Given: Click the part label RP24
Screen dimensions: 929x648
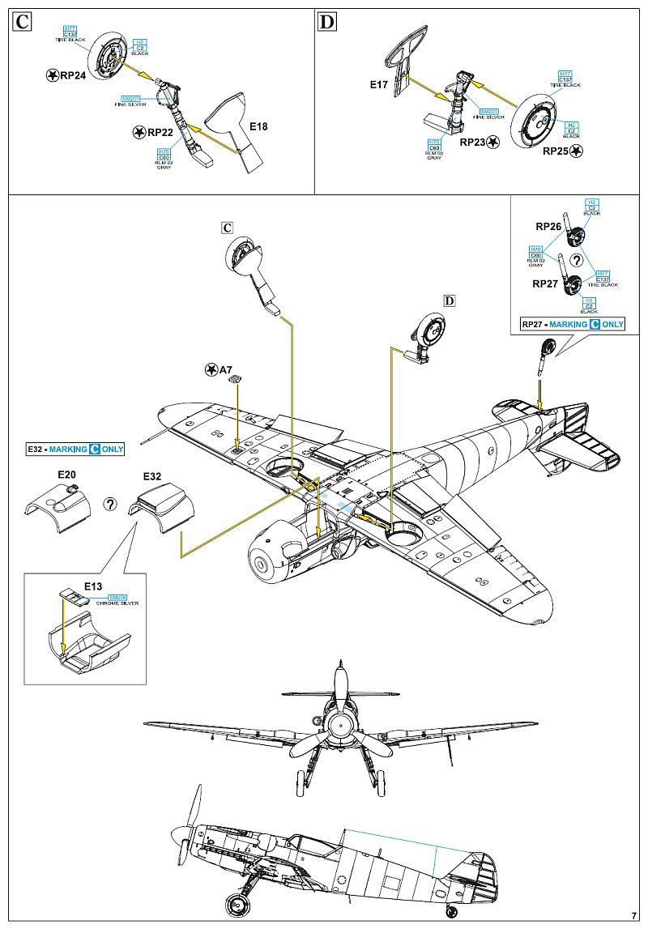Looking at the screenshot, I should pos(72,75).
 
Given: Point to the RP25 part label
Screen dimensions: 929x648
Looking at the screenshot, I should pos(558,151).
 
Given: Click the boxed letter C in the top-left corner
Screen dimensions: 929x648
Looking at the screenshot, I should pos(23,22).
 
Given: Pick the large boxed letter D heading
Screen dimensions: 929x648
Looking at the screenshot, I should pos(326,22).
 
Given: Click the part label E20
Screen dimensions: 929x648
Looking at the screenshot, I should pos(66,474).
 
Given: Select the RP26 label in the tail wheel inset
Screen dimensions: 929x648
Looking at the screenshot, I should pos(548,227).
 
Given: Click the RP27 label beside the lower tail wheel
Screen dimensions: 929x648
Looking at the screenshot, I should pos(545,284).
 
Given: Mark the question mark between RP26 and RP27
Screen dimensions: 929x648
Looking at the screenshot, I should pos(576,259).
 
